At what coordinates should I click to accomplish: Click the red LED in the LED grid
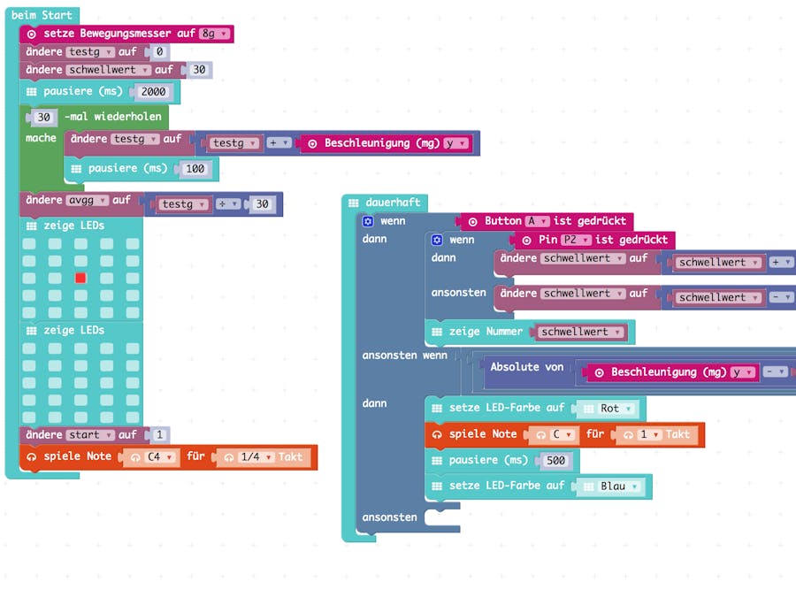(80, 278)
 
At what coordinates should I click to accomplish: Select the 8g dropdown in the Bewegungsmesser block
(215, 34)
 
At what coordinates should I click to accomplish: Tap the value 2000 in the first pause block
(154, 91)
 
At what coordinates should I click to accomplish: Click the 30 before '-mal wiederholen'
(45, 117)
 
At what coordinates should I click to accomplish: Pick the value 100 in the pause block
(195, 168)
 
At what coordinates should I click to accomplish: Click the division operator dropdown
(228, 204)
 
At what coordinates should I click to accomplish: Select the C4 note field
(158, 457)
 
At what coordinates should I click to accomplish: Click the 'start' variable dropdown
(90, 435)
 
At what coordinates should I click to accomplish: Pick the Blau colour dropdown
(619, 486)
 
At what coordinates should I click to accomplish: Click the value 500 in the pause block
(556, 460)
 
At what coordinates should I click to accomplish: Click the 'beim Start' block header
(42, 15)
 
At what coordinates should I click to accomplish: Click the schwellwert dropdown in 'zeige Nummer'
(580, 332)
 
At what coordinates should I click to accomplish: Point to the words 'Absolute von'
(526, 367)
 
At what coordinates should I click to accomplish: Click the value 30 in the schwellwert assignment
(199, 70)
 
